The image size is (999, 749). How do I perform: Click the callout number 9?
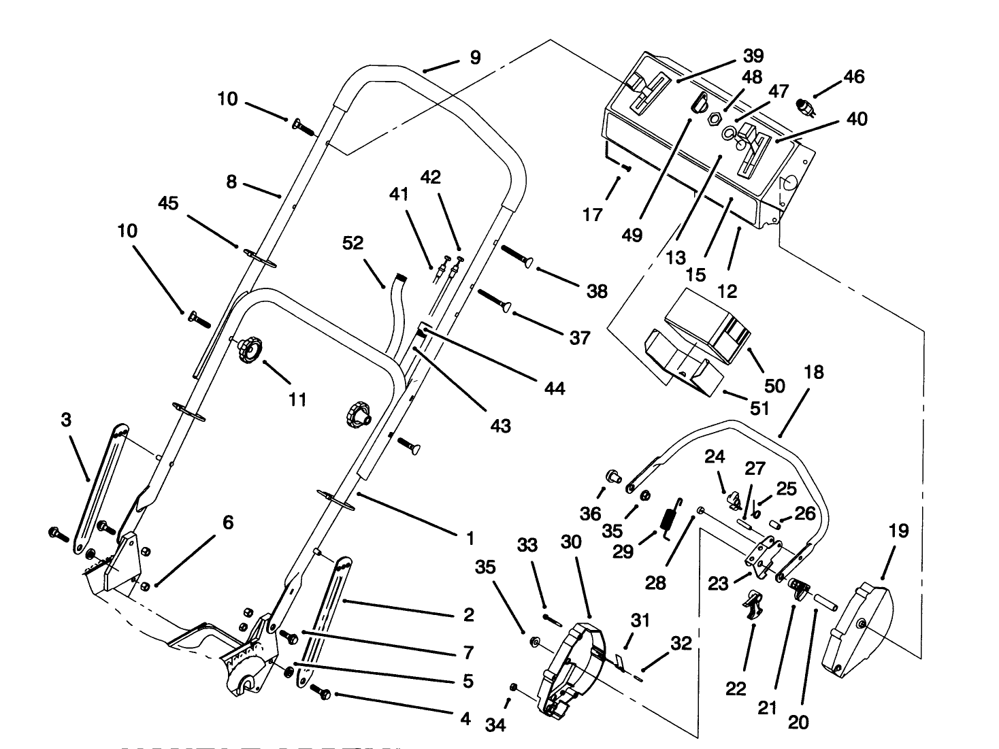click(x=474, y=57)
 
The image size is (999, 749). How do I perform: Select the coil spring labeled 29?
click(x=670, y=517)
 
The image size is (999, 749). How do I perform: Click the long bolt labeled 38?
click(x=516, y=258)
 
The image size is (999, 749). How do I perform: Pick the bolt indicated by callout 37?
click(x=494, y=301)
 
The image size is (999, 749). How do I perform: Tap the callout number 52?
click(x=353, y=243)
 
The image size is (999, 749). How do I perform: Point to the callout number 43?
click(x=501, y=426)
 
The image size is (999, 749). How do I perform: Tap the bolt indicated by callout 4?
click(x=320, y=691)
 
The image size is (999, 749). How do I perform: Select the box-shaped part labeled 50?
click(x=708, y=320)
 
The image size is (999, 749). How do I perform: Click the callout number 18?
click(x=813, y=372)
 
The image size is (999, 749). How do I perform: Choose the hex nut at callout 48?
click(x=714, y=119)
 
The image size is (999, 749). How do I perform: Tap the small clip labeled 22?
click(x=753, y=603)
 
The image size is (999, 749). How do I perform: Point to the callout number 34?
click(x=495, y=726)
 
